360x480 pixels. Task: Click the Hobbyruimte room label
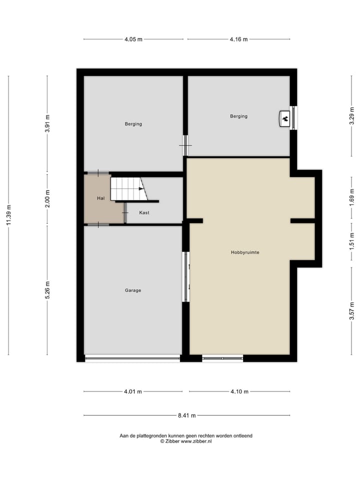pos(245,252)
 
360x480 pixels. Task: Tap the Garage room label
pos(133,290)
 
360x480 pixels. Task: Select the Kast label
pos(144,212)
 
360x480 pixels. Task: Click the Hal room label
pos(101,198)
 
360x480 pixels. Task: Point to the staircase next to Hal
pos(127,188)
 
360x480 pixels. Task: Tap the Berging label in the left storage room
pos(133,124)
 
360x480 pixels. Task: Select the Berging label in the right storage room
pos(238,116)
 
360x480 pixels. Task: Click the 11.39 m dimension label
pos(8,215)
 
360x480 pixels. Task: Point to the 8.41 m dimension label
pos(186,415)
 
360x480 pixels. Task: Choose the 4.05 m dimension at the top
pos(133,39)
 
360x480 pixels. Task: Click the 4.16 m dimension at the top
pos(238,39)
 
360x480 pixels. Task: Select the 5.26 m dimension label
pos(47,290)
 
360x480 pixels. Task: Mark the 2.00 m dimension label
pos(47,199)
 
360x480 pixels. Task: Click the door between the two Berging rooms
pos(185,145)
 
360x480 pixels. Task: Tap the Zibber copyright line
pos(186,441)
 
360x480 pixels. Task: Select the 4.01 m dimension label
pos(133,391)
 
